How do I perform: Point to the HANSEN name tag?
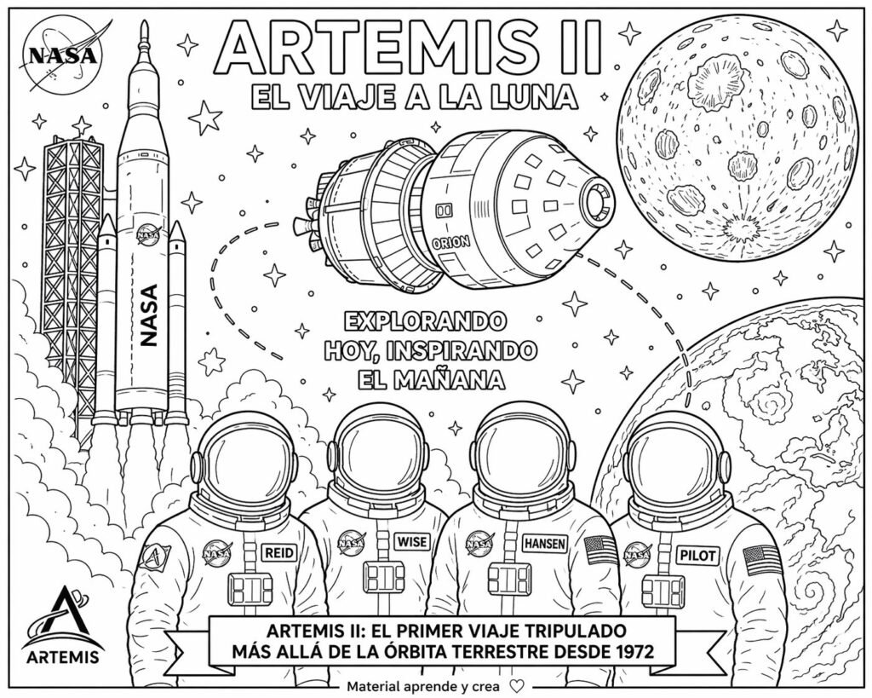click(x=545, y=543)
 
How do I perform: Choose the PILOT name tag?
click(x=697, y=555)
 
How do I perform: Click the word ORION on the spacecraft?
click(x=452, y=241)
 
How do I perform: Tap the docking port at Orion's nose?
click(x=595, y=202)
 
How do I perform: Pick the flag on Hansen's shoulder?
click(x=602, y=550)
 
